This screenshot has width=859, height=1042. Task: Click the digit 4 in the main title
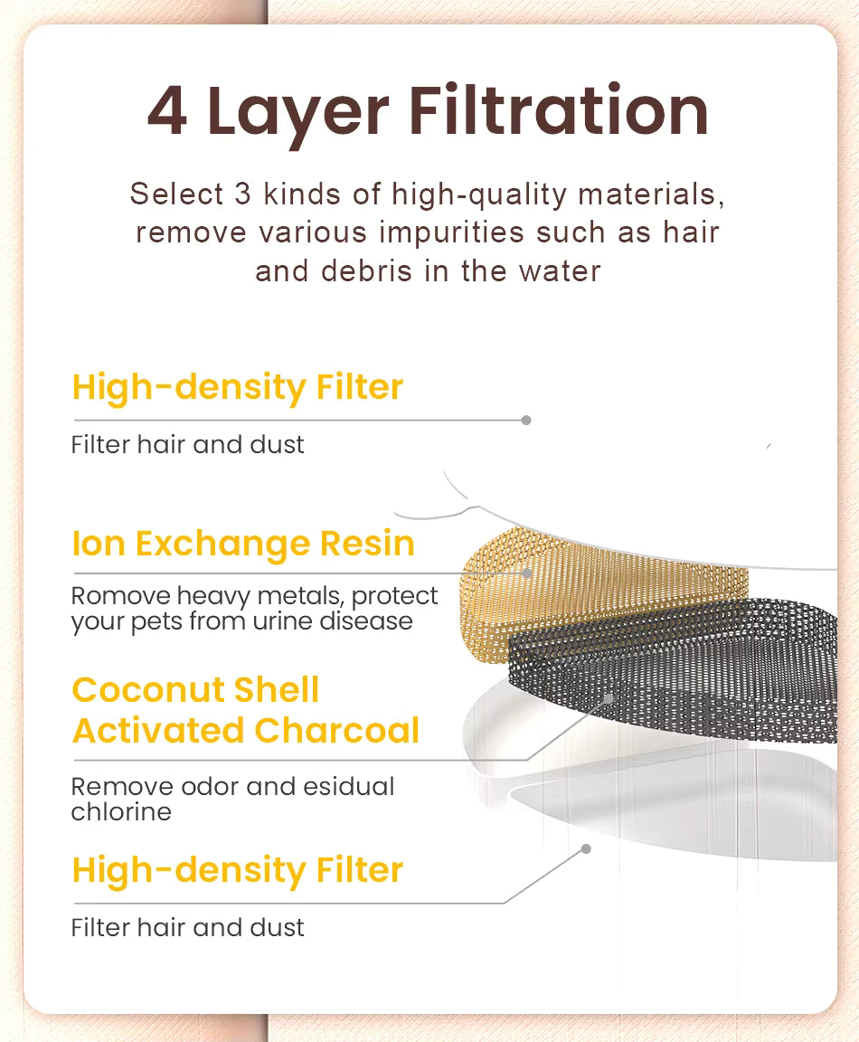point(166,110)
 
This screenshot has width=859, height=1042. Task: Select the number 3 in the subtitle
point(242,194)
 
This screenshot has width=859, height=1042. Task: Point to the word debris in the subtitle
point(367,271)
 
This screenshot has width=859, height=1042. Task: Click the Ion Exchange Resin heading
point(243,544)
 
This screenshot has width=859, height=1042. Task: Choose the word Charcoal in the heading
point(336,730)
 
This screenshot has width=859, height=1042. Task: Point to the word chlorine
point(121,811)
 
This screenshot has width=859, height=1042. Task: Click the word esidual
point(349,786)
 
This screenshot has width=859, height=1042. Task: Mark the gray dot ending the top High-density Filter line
point(526,420)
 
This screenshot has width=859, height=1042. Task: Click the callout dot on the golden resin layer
point(527,573)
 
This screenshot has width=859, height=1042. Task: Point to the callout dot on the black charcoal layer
point(609,698)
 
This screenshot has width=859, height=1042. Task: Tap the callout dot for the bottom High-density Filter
point(586,848)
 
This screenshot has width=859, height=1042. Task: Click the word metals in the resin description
point(301,595)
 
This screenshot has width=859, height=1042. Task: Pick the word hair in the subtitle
point(691,232)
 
